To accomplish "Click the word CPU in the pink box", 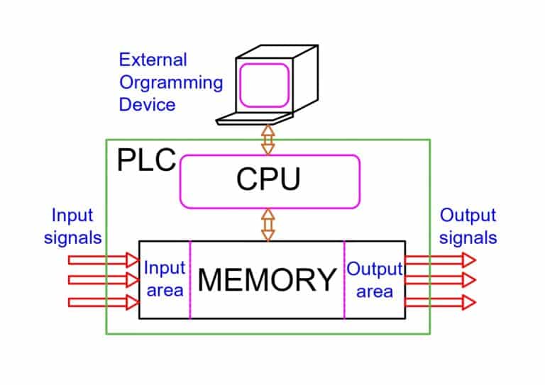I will pyautogui.click(x=268, y=180).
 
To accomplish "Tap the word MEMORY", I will pyautogui.click(x=267, y=279).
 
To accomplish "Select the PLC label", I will pyautogui.click(x=145, y=160).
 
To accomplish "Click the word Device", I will pyautogui.click(x=147, y=104).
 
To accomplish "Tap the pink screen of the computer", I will pyautogui.click(x=265, y=84).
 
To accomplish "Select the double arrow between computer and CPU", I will pyautogui.click(x=268, y=139).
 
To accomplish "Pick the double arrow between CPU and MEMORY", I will pyautogui.click(x=268, y=224).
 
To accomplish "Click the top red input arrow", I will pyautogui.click(x=103, y=260).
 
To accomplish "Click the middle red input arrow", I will pyautogui.click(x=103, y=280).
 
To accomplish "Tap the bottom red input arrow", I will pyautogui.click(x=103, y=302).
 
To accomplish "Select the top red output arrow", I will pyautogui.click(x=440, y=260).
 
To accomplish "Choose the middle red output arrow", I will pyautogui.click(x=440, y=280).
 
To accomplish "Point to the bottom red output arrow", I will pyautogui.click(x=440, y=302).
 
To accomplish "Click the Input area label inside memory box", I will pyautogui.click(x=165, y=279).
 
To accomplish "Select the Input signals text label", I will pyautogui.click(x=72, y=226).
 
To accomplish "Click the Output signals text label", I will pyautogui.click(x=468, y=226).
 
